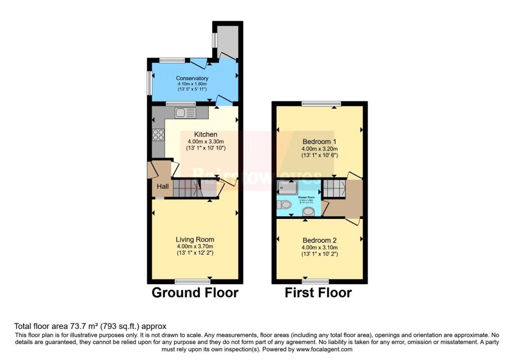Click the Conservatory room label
point(192,78)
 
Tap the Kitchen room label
point(206,135)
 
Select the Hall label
point(163,187)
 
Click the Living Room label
point(195,239)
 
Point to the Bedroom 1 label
point(319,142)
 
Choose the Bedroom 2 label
point(319,241)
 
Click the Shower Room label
point(306,198)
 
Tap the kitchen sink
point(185,112)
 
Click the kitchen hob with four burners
point(158,135)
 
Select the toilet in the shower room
point(284,204)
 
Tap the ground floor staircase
point(187,188)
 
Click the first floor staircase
point(332,188)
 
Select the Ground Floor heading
point(195,293)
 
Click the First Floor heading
point(318,293)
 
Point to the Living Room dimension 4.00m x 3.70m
point(195,247)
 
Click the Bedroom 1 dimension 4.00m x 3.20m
point(319,149)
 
